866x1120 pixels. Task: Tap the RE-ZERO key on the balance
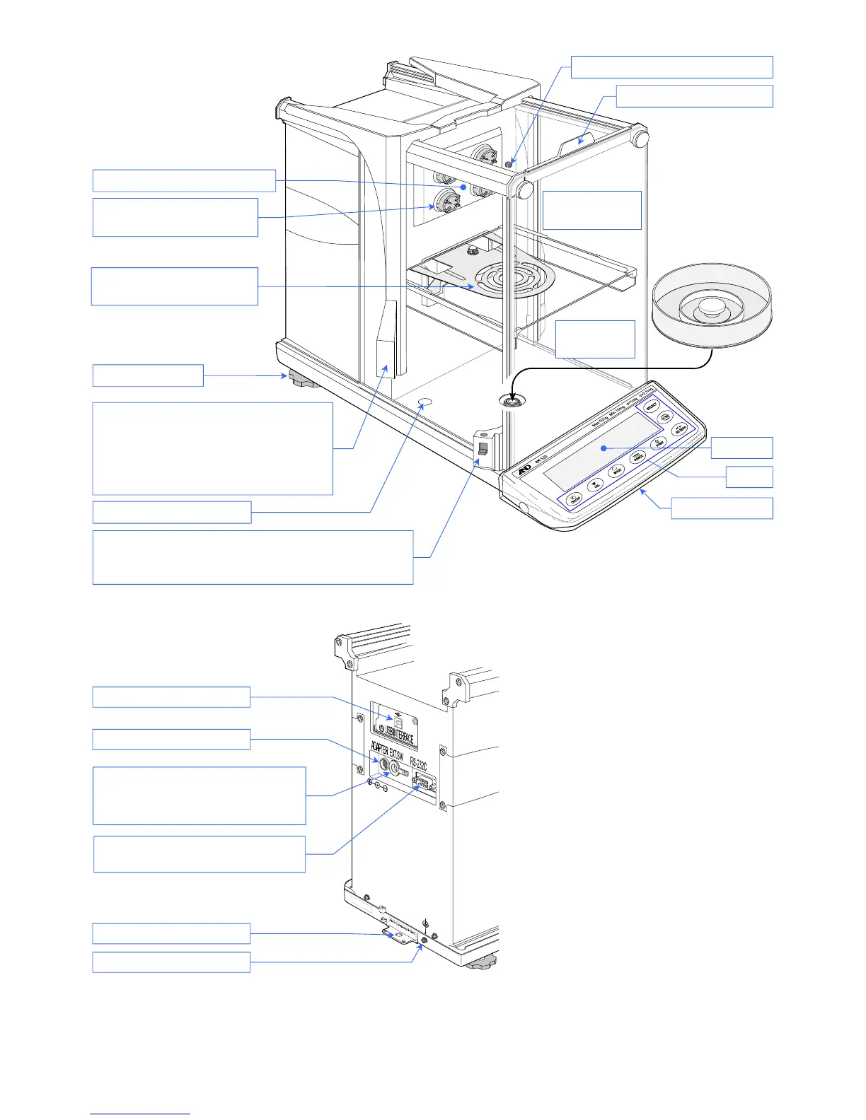tap(681, 429)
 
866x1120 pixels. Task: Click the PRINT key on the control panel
tap(658, 444)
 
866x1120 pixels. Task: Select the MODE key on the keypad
tap(617, 470)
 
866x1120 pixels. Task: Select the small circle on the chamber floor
tap(425, 402)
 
